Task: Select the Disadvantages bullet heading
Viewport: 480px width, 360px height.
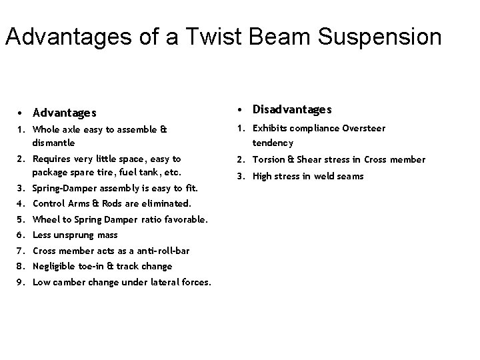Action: (x=292, y=109)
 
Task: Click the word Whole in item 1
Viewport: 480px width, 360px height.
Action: (x=46, y=130)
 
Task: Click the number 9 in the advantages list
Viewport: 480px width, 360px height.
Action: (x=21, y=282)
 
